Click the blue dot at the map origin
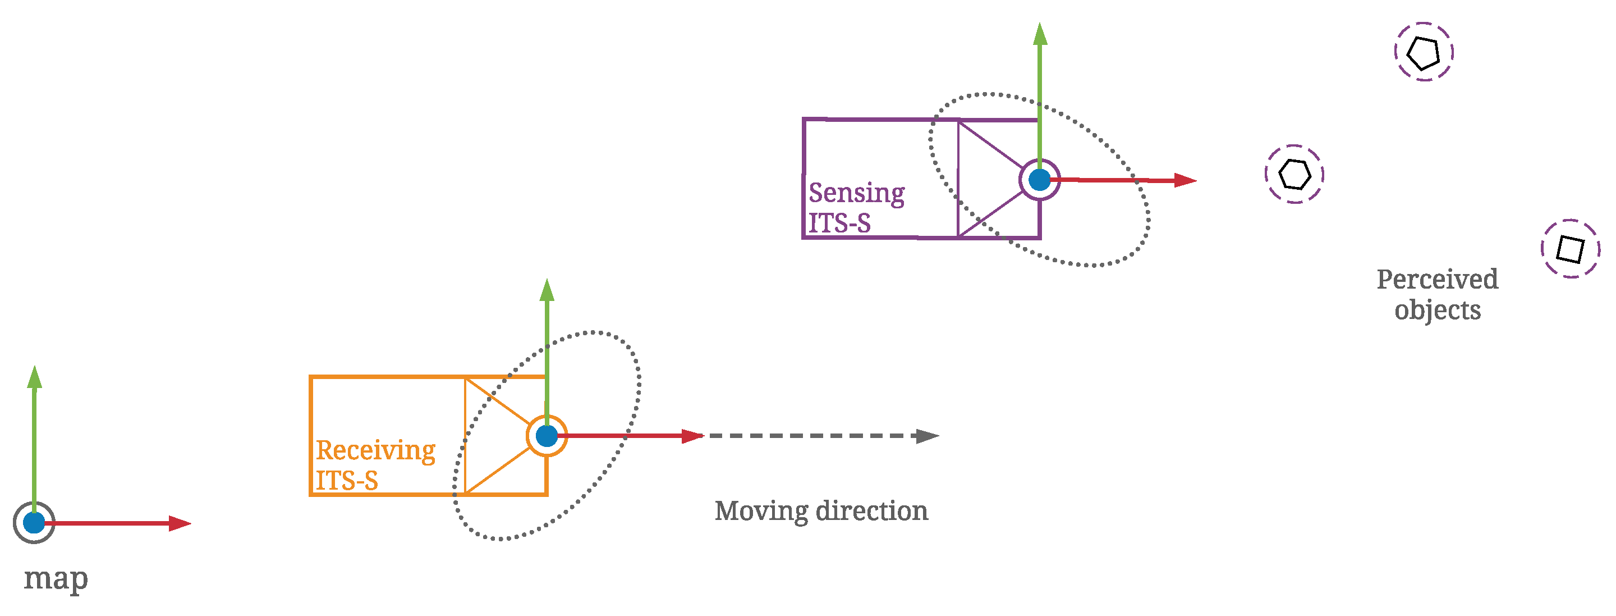[34, 522]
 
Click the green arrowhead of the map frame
[34, 377]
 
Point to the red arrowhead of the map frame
[180, 523]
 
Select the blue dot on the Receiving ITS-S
[547, 436]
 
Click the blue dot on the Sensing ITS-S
[1040, 180]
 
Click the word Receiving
[375, 450]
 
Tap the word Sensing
[856, 193]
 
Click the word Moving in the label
[761, 511]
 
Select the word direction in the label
[872, 511]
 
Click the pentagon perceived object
[1424, 52]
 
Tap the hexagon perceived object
[1294, 175]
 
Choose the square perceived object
[1570, 249]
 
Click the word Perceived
[1437, 280]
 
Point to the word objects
[1437, 310]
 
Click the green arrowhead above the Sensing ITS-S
[1040, 35]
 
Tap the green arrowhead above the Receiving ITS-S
[547, 291]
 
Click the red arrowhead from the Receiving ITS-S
[692, 436]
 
